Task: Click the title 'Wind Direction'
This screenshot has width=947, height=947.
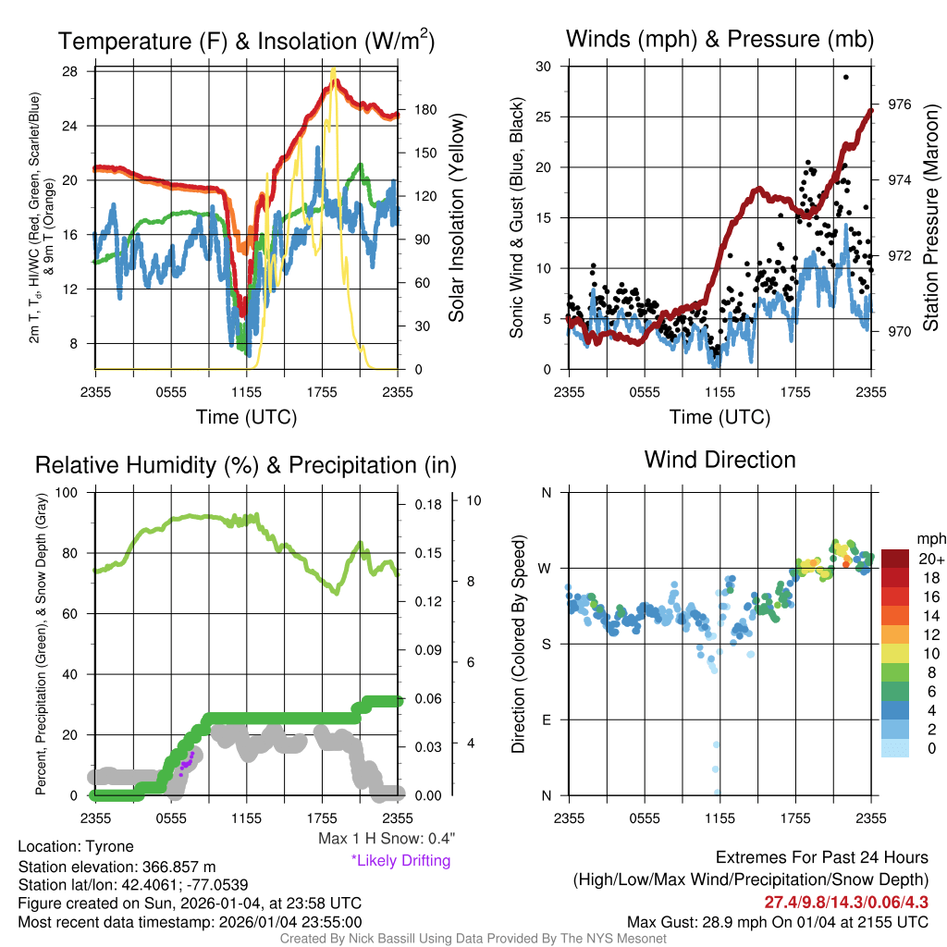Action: point(719,460)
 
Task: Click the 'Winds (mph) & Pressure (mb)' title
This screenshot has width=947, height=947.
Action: point(719,40)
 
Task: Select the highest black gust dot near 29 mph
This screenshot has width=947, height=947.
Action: point(846,78)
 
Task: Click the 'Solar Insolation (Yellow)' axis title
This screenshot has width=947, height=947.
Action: point(456,218)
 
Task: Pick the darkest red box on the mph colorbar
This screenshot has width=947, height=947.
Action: point(896,559)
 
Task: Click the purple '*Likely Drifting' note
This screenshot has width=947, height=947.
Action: point(400,860)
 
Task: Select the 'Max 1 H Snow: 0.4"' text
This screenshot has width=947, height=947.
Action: point(386,838)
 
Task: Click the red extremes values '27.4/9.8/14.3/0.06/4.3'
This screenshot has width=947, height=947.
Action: point(846,902)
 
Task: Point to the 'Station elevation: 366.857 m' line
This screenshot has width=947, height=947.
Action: point(117,867)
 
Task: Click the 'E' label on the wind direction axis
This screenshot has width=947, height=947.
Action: point(547,719)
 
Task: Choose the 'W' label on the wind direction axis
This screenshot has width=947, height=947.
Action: point(546,568)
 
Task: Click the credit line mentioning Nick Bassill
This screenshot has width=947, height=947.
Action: point(473,939)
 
